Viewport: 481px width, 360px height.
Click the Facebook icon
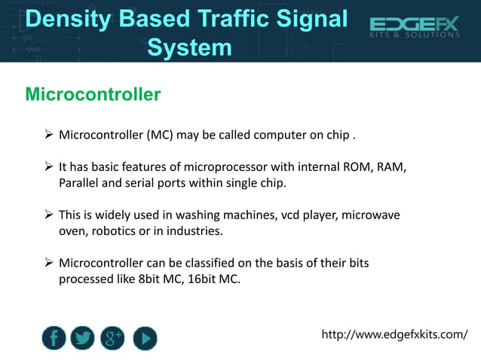(x=54, y=338)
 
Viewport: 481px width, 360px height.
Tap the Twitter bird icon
(x=84, y=338)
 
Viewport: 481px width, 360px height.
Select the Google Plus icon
(x=114, y=338)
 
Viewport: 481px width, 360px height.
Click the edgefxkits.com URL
(x=394, y=334)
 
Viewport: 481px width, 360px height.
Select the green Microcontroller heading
(x=93, y=94)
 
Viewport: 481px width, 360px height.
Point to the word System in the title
(x=189, y=47)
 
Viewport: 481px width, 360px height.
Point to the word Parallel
(x=81, y=182)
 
